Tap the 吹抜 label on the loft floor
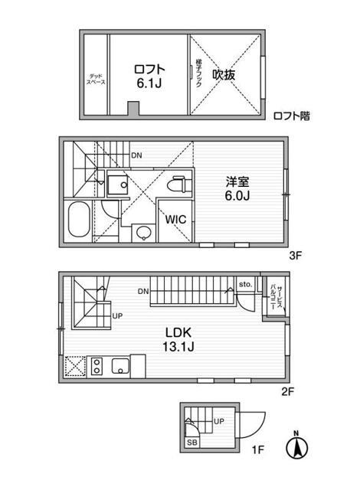[224, 74]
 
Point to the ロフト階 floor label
[292, 116]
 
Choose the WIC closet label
[177, 217]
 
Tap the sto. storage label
[245, 283]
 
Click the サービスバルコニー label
[273, 295]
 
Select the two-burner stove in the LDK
[98, 366]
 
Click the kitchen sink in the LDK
[121, 366]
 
